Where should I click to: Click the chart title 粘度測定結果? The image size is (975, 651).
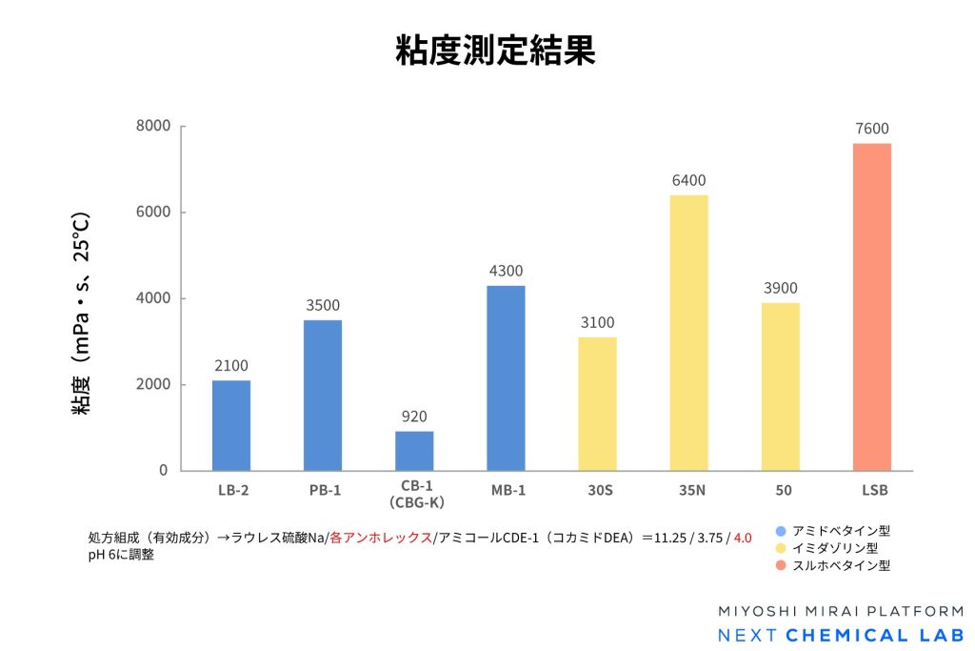[x=495, y=51]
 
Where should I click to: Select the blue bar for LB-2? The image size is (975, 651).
[x=231, y=425]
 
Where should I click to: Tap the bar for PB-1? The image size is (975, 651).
[x=323, y=395]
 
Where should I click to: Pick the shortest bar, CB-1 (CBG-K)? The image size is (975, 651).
[x=414, y=451]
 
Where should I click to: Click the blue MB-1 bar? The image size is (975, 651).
[x=506, y=377]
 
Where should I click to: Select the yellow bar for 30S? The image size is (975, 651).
[x=597, y=403]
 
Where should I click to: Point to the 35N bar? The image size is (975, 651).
[x=688, y=333]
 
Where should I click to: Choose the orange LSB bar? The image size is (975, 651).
[x=872, y=307]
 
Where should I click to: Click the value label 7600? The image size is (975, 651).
[x=872, y=129]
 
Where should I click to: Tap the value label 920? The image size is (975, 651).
[x=414, y=417]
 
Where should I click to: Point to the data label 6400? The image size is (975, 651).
[x=688, y=180]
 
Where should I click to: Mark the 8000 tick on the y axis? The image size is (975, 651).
[x=152, y=126]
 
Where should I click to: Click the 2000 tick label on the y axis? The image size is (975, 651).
[x=152, y=385]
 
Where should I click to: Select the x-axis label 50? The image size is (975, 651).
[x=780, y=490]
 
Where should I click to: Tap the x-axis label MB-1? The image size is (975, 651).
[x=506, y=490]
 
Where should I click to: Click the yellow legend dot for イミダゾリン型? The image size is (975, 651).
[x=781, y=548]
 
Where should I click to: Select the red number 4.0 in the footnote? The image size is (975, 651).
[x=743, y=539]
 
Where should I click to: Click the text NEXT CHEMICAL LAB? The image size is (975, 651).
[x=840, y=636]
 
